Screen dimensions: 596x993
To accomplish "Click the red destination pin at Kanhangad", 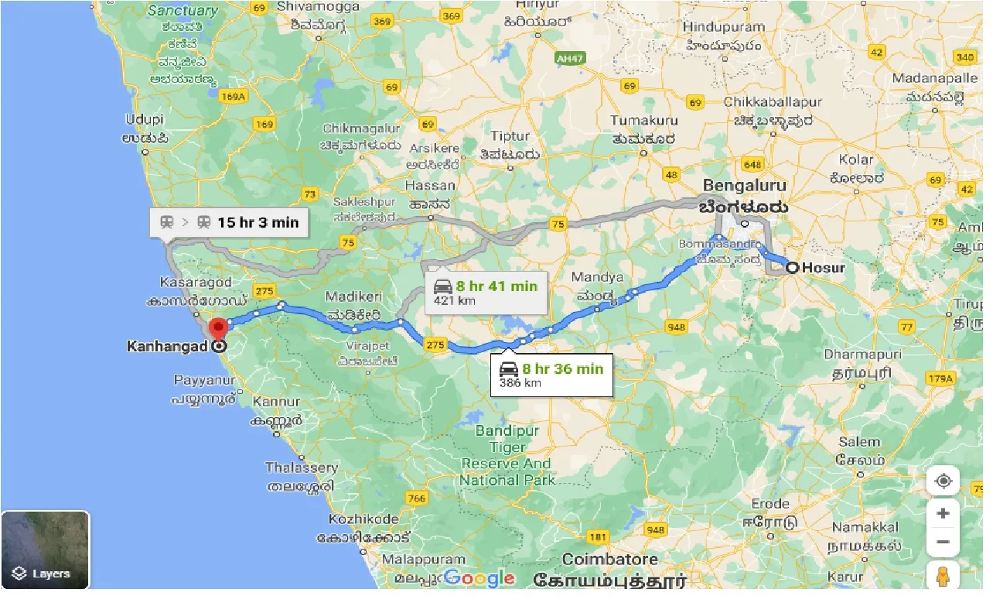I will click(218, 328).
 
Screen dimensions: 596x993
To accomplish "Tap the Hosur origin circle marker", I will click(793, 269).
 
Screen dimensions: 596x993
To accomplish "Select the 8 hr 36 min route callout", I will click(551, 375).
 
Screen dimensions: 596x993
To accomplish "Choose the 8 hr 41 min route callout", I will click(486, 292).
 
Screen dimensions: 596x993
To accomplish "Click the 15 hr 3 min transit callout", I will click(229, 223).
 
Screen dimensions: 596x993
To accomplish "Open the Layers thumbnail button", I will click(46, 550).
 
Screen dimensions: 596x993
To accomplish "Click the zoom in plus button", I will click(943, 512).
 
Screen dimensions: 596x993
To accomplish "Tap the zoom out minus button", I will click(943, 542).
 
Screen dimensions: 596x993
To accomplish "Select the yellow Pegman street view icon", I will click(943, 577).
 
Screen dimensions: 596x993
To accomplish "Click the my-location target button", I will click(943, 481).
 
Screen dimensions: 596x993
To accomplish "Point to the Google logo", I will click(479, 578).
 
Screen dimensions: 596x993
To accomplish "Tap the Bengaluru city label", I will click(744, 186).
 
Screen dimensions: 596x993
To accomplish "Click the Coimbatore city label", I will click(610, 559).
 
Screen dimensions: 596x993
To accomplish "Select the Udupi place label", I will click(145, 119).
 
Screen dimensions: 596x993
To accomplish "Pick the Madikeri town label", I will click(352, 296).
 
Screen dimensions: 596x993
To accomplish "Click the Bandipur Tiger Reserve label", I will click(507, 455).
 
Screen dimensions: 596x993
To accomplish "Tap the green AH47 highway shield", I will click(570, 58).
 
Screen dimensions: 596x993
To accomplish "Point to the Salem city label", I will click(859, 442).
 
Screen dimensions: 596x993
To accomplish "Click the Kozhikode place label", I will click(363, 519).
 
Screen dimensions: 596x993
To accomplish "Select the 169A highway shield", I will click(233, 96).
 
